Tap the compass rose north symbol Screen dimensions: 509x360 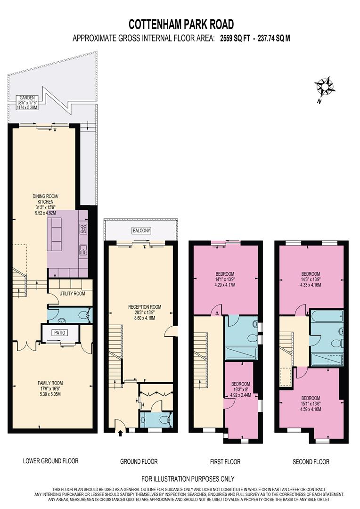click(x=324, y=88)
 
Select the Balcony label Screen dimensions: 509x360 click(x=142, y=230)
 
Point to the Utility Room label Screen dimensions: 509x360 click(x=72, y=294)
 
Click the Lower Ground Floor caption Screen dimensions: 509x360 click(x=50, y=461)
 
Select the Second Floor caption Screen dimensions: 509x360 click(x=311, y=461)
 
